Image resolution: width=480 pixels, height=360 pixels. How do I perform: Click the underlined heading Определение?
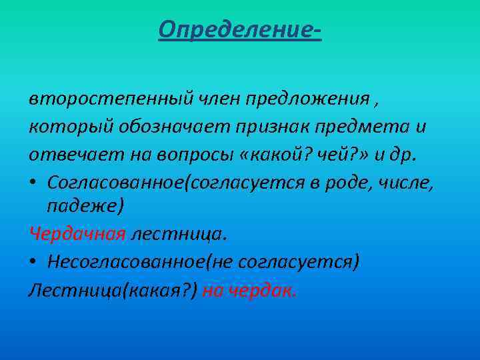tap(239, 29)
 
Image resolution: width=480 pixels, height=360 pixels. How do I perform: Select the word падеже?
tap(83, 206)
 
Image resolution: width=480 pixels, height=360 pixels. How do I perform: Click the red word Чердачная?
tap(77, 233)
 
